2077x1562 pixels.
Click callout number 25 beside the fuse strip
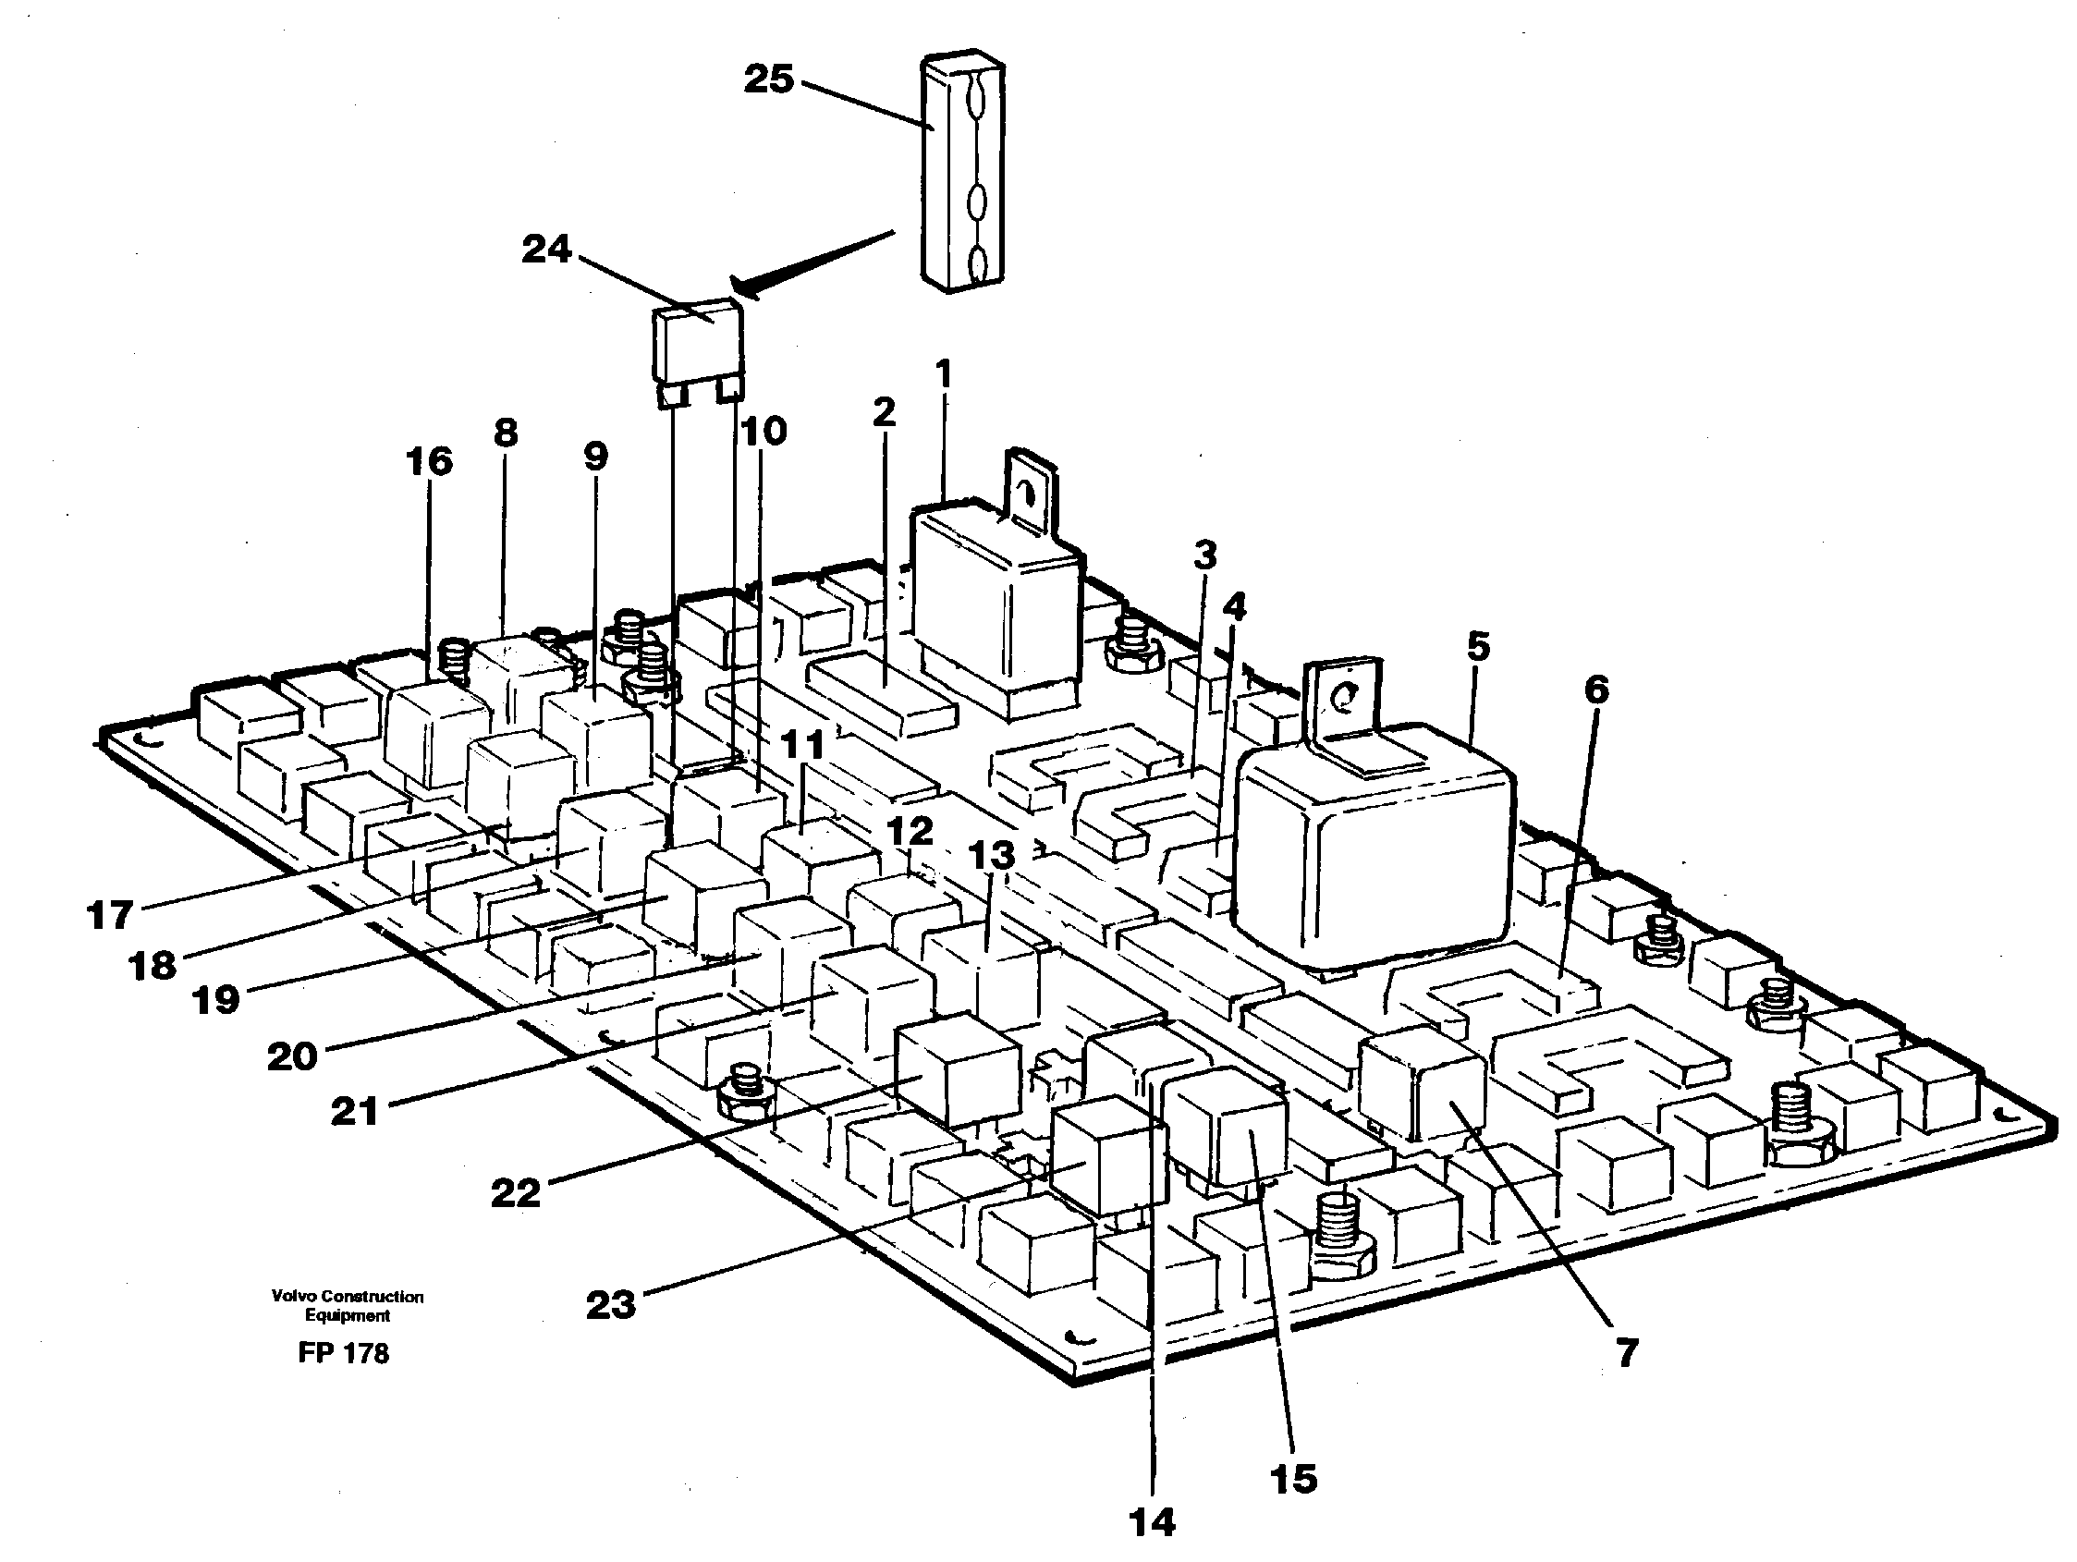click(x=768, y=79)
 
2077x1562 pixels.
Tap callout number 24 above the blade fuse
click(x=546, y=250)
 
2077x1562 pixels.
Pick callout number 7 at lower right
click(x=1626, y=1353)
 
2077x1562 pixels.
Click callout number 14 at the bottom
click(x=1151, y=1521)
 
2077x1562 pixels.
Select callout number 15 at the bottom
click(x=1293, y=1479)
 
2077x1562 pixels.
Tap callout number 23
click(x=610, y=1304)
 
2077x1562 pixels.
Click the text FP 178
click(x=343, y=1353)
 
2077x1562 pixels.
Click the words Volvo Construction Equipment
click(x=347, y=1305)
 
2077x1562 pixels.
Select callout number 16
click(x=429, y=462)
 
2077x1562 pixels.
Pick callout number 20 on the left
click(x=291, y=1057)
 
